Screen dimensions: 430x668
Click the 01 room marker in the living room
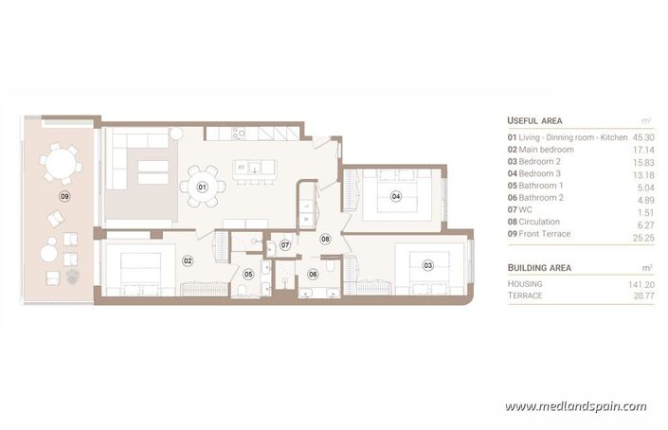202,188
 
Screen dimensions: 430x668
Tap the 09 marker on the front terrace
64,196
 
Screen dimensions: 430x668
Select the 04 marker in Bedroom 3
395,197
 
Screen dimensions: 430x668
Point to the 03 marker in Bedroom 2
427,265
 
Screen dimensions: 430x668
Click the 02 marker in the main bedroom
188,260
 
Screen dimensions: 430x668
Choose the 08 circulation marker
325,240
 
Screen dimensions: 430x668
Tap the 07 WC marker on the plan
283,246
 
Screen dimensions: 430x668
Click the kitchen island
255,169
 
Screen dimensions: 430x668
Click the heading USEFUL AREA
534,121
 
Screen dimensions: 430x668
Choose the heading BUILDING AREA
538,268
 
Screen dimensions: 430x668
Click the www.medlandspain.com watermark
576,406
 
